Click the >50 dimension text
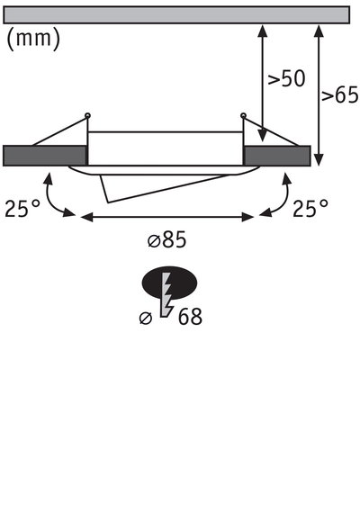(287, 78)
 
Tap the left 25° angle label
(22, 209)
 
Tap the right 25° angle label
(310, 209)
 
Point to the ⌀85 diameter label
(168, 240)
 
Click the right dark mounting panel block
(277, 155)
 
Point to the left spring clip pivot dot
(87, 114)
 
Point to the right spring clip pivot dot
(243, 114)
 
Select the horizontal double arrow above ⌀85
(168, 216)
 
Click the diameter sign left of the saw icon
(146, 317)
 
